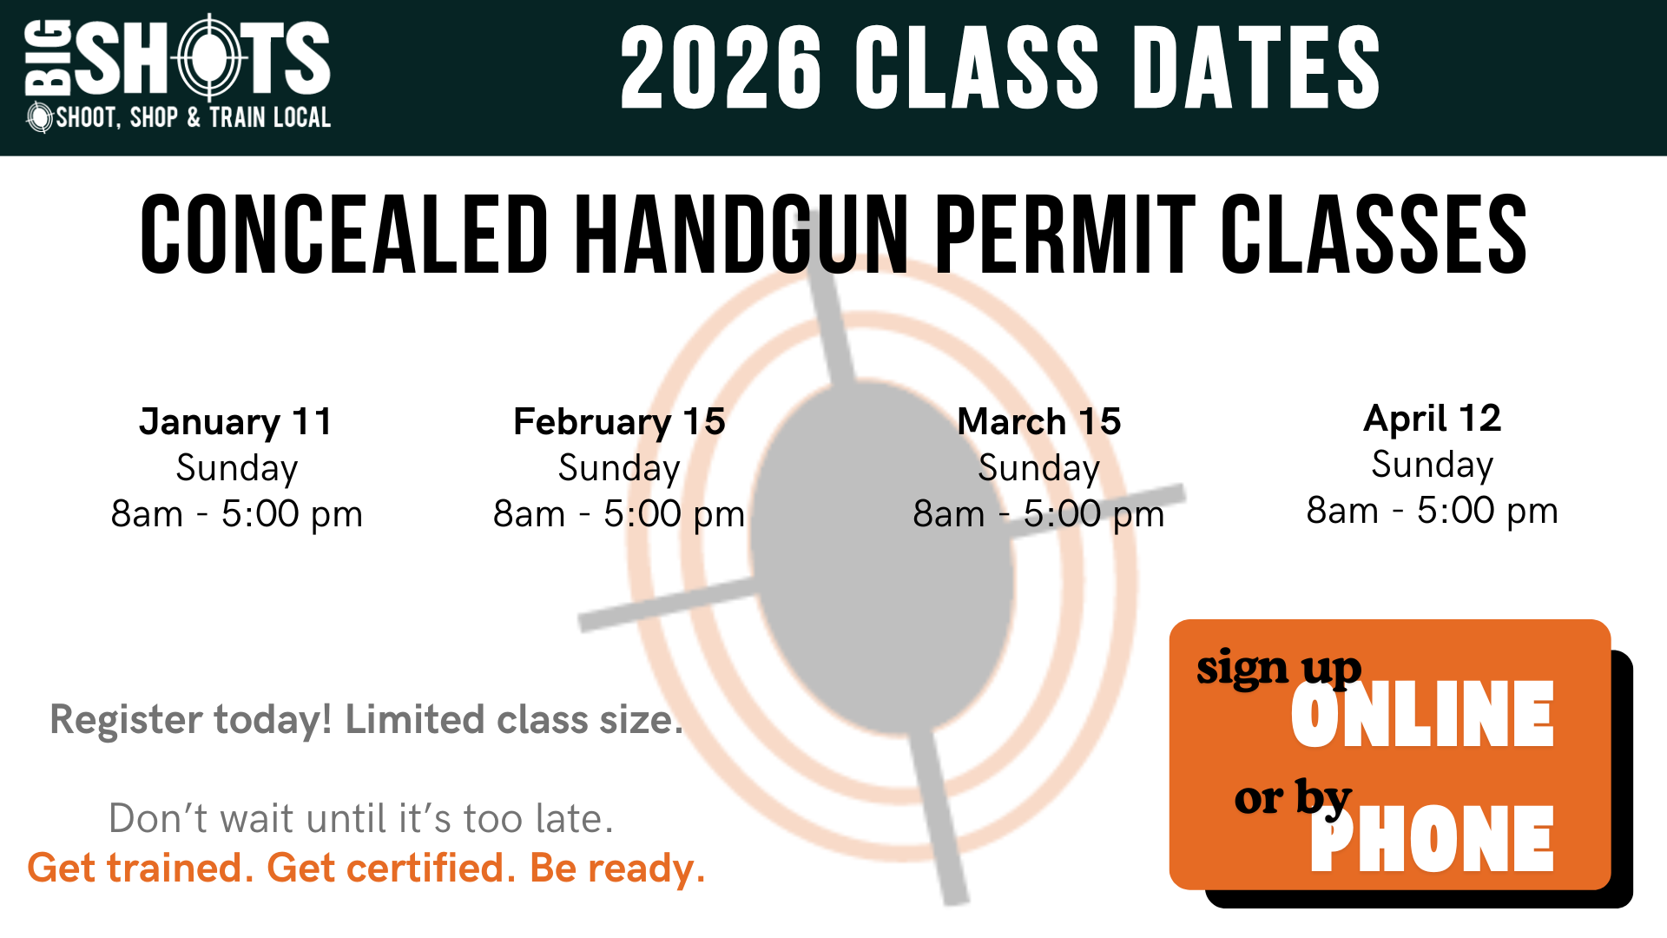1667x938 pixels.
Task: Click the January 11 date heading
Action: tap(236, 422)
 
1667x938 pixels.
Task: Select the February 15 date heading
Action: tap(619, 422)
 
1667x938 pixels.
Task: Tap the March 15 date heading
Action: tap(1039, 422)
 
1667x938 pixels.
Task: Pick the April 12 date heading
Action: tap(1433, 419)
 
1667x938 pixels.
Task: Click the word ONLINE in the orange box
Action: tap(1422, 715)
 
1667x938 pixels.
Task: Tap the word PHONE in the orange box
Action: tap(1432, 838)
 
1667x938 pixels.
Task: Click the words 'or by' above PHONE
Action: tap(1293, 797)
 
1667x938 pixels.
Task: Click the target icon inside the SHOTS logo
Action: tap(209, 58)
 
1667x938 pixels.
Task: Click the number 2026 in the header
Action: tap(721, 68)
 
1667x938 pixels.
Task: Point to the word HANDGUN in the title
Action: tap(741, 234)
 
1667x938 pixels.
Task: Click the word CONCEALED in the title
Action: tap(344, 234)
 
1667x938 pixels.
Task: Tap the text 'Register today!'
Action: tap(191, 720)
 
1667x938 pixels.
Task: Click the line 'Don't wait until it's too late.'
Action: tap(361, 818)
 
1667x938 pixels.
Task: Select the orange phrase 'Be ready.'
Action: tap(617, 868)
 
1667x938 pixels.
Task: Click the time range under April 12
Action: tap(1433, 511)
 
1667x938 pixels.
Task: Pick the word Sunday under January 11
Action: tap(237, 469)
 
